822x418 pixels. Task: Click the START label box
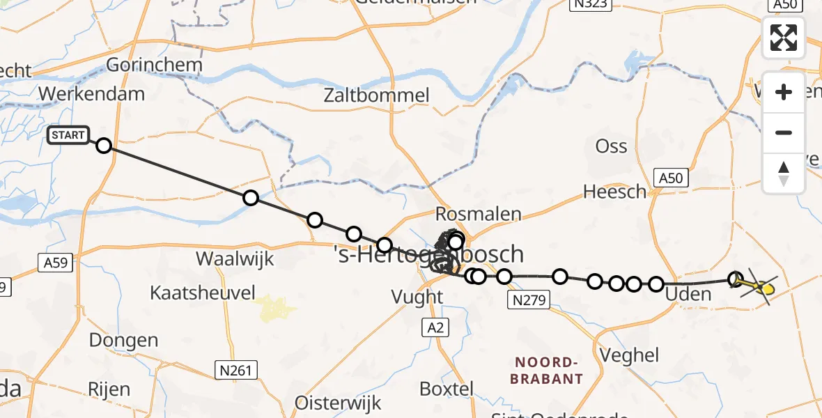pos(68,135)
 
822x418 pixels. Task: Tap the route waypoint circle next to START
pos(104,146)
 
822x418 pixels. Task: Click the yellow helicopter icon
pos(763,287)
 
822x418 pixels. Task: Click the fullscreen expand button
pos(784,38)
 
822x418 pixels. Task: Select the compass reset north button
pos(784,173)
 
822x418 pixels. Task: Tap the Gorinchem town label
pos(154,65)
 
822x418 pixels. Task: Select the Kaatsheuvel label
pos(203,293)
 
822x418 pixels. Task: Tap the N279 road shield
pos(529,300)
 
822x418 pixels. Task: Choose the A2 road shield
pos(433,327)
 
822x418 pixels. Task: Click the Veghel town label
pos(626,355)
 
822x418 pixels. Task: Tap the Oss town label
pos(611,146)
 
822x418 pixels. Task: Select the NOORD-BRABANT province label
pos(547,371)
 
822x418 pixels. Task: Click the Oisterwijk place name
pos(338,403)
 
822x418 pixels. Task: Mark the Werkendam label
pos(92,93)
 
